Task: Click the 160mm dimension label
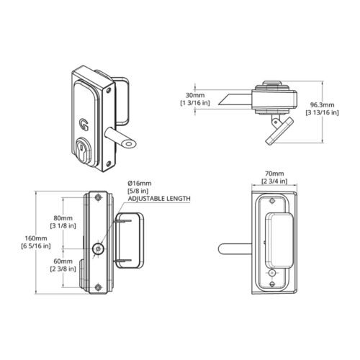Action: coord(36,238)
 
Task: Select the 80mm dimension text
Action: coord(63,218)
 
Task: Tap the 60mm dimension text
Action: coord(63,261)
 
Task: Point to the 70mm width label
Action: coord(274,174)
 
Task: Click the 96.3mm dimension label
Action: coord(322,105)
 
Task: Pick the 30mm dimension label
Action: coord(195,95)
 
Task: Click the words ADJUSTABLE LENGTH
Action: coord(159,199)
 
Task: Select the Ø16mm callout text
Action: coord(140,184)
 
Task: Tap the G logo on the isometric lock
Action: coord(84,125)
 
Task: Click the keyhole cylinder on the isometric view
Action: coord(83,150)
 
